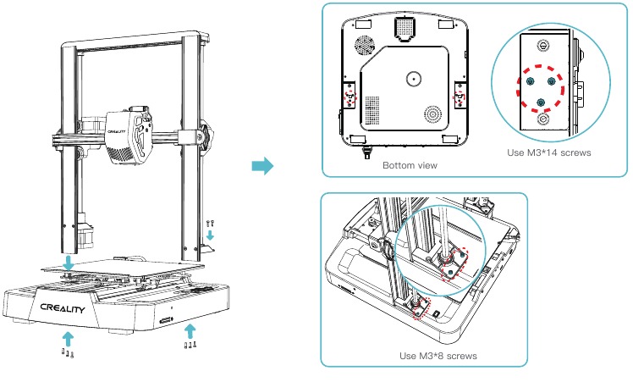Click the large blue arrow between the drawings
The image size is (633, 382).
(x=264, y=166)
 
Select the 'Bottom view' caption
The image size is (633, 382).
(x=410, y=165)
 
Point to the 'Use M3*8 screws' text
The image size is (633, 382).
(x=438, y=356)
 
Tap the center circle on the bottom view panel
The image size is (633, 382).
(x=413, y=79)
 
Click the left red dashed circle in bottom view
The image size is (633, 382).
(x=350, y=96)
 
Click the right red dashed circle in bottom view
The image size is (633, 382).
(x=460, y=96)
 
